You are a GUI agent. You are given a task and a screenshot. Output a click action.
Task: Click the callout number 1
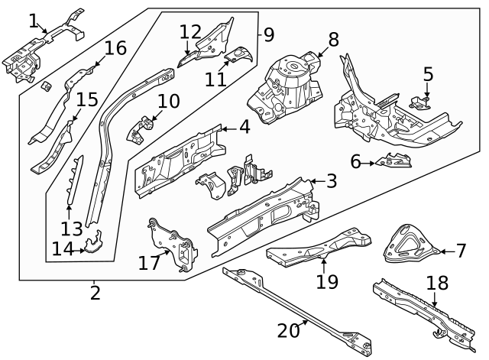pyautogui.click(x=33, y=20)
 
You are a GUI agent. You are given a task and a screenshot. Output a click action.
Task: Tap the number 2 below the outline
pyautogui.click(x=95, y=292)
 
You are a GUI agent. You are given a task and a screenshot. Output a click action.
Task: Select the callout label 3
pyautogui.click(x=331, y=181)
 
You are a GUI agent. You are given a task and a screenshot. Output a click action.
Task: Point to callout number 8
pyautogui.click(x=333, y=40)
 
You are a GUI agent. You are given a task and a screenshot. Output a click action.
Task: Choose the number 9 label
pyautogui.click(x=267, y=34)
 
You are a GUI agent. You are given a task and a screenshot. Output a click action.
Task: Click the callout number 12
pyautogui.click(x=190, y=32)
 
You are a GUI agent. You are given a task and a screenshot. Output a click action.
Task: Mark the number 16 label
pyautogui.click(x=115, y=49)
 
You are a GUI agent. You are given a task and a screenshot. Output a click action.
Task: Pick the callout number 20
pyautogui.click(x=290, y=331)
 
